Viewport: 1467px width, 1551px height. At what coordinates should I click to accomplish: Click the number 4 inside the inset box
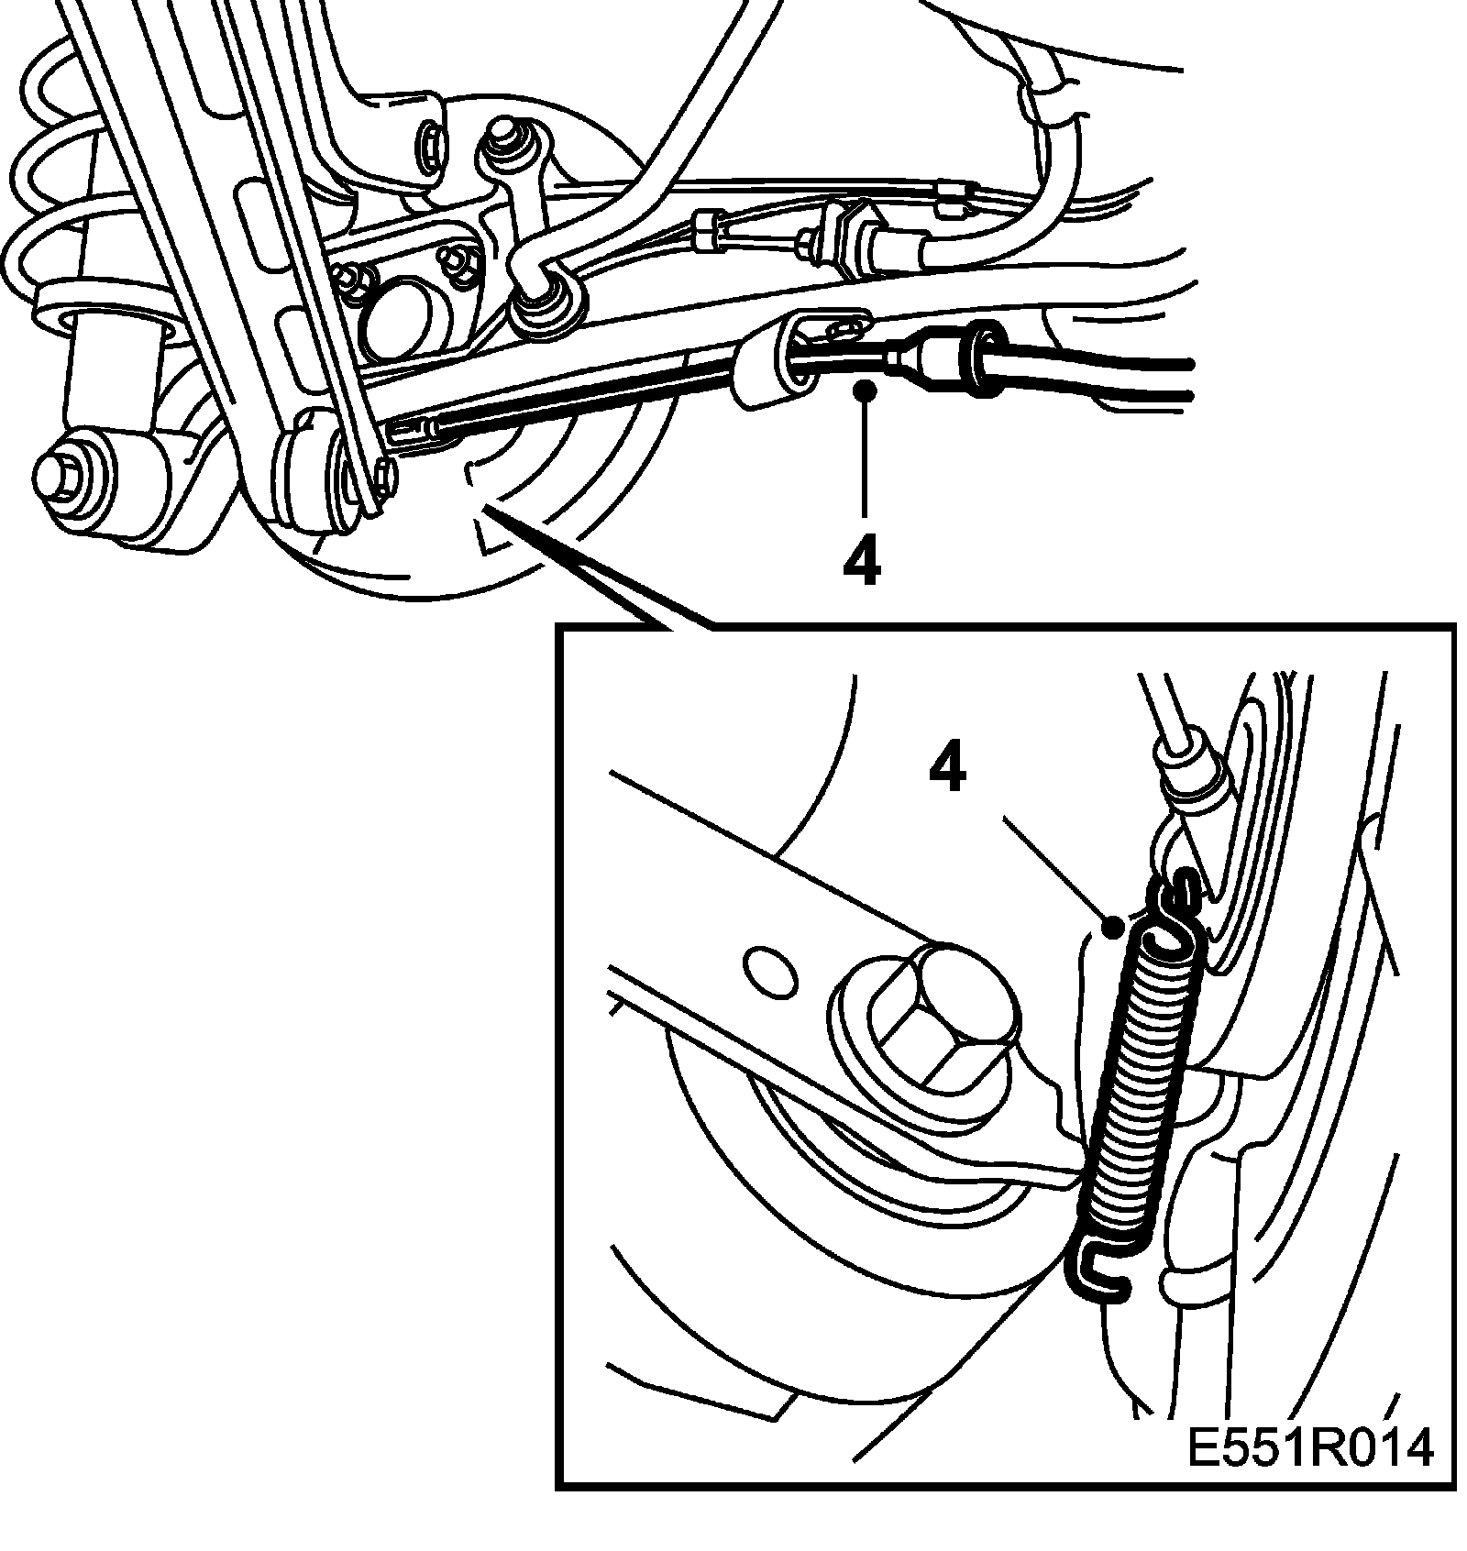[x=947, y=770]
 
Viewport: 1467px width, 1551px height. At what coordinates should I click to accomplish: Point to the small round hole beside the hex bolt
[x=768, y=971]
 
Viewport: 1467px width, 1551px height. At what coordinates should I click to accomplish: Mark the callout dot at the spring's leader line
[x=1114, y=928]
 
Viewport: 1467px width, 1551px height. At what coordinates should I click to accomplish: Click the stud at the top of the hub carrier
[x=503, y=137]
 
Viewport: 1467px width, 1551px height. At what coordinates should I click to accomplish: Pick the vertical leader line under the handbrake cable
[x=863, y=458]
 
